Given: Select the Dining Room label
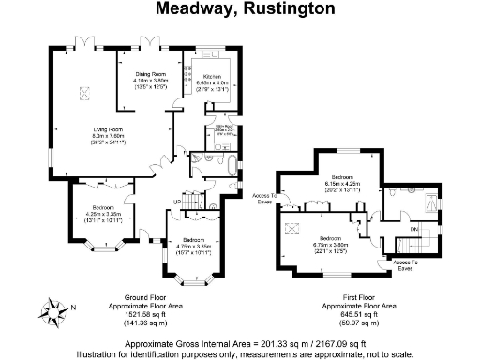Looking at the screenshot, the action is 150,73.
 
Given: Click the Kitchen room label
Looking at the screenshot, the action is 212,77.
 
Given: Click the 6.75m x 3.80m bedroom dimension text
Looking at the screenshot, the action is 329,245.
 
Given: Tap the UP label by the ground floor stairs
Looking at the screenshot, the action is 177,202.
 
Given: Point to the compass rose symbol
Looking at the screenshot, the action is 54,310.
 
